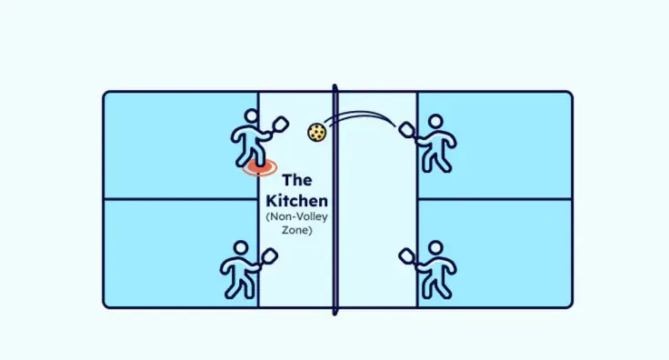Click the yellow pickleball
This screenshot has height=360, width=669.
[317, 132]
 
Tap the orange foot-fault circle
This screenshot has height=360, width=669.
[260, 167]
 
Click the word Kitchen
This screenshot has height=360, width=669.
[297, 201]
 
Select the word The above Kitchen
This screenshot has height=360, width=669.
[297, 180]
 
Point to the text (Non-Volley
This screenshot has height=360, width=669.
[297, 216]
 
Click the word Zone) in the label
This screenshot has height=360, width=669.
[297, 230]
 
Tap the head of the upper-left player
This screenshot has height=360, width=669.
[251, 115]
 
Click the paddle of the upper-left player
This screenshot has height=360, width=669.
[279, 125]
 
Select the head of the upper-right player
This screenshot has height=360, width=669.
[435, 121]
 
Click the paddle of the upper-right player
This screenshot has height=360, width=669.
[407, 130]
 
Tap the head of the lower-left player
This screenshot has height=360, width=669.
[241, 248]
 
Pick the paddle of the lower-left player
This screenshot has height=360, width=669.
[269, 257]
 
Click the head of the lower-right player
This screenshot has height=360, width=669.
[435, 248]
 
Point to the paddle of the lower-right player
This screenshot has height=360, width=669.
[407, 256]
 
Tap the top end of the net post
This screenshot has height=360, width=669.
[334, 85]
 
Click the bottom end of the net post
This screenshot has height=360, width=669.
[334, 314]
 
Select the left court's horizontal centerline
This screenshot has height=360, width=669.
[181, 199]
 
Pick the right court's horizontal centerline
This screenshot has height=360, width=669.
[494, 199]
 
